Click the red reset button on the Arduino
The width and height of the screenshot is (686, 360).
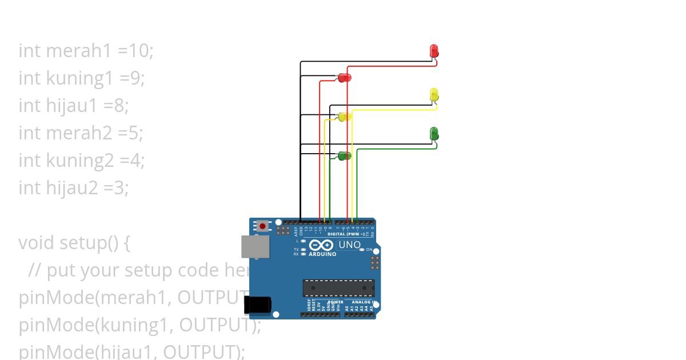[262, 226]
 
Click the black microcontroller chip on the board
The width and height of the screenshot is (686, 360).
[338, 288]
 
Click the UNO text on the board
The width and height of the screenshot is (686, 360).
[350, 245]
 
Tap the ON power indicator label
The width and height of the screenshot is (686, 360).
[369, 250]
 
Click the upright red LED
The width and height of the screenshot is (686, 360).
[434, 50]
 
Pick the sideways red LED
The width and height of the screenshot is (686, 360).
[344, 77]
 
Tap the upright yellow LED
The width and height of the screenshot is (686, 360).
[434, 94]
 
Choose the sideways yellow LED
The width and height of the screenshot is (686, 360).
[344, 117]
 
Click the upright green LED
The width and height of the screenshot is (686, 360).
[434, 134]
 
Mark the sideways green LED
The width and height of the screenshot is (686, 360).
[344, 155]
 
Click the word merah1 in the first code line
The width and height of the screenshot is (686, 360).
[79, 51]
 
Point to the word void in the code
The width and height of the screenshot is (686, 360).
[38, 243]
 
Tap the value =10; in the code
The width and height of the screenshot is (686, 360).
[136, 51]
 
